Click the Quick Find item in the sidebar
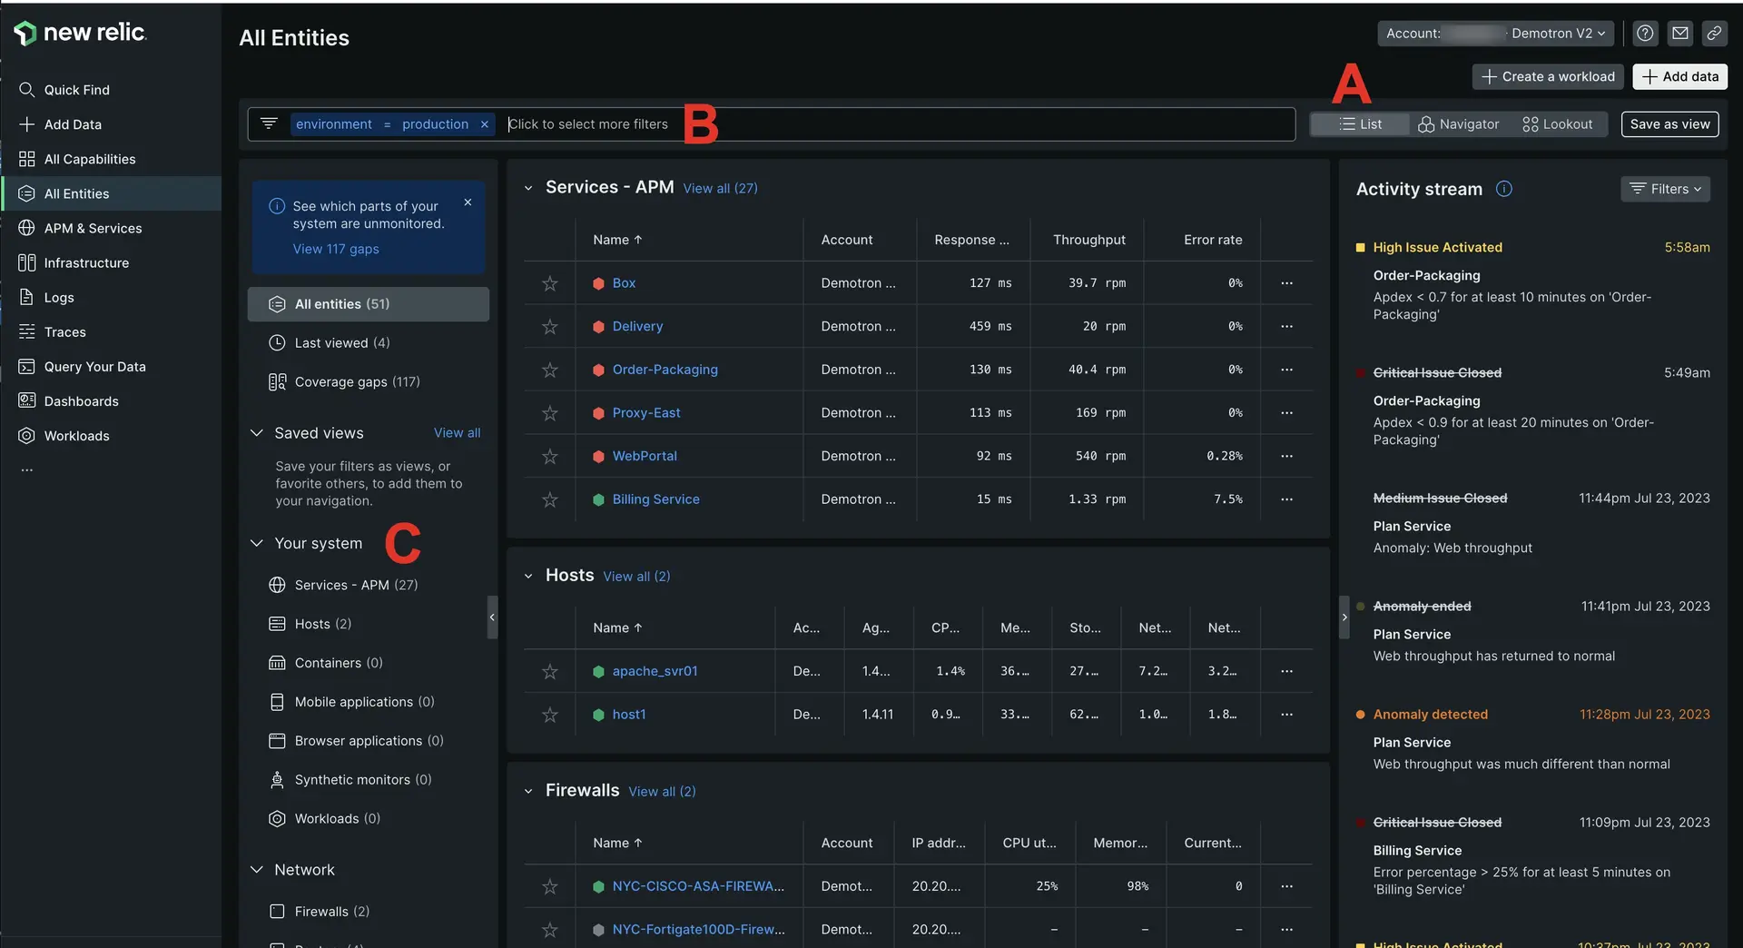(x=76, y=90)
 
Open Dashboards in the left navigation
(x=81, y=401)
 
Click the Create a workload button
(x=1548, y=77)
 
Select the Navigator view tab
(x=1459, y=124)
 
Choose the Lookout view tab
(x=1558, y=124)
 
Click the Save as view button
(x=1669, y=124)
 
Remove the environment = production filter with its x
(x=485, y=124)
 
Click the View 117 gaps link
(x=336, y=249)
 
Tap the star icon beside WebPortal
(x=550, y=457)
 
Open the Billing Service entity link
(x=655, y=499)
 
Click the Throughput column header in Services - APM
(x=1088, y=240)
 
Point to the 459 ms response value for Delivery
(x=990, y=327)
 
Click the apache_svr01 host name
(x=655, y=671)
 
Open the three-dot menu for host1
(x=1286, y=715)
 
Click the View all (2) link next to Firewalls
(x=662, y=792)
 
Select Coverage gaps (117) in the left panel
(x=357, y=382)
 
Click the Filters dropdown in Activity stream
(x=1665, y=189)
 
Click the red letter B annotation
(x=700, y=124)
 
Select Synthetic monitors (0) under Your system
(x=362, y=780)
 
